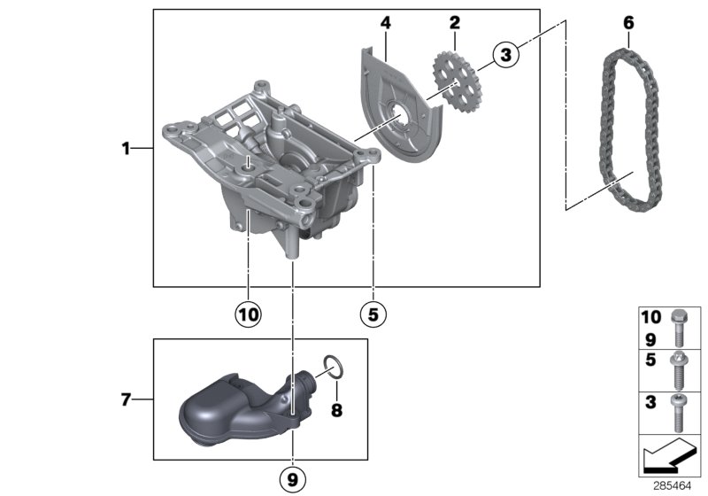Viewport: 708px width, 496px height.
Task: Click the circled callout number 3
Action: click(x=504, y=55)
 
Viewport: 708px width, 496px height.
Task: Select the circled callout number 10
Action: click(x=248, y=313)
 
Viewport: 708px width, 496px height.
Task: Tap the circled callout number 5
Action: click(x=373, y=313)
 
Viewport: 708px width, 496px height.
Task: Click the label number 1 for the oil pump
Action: click(x=127, y=149)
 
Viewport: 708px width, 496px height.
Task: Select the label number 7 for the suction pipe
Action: click(x=127, y=400)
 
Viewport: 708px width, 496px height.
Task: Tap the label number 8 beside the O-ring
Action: click(x=336, y=410)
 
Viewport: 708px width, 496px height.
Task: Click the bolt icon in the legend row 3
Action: click(x=680, y=407)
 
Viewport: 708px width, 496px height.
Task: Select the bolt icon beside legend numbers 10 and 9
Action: click(x=680, y=327)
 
